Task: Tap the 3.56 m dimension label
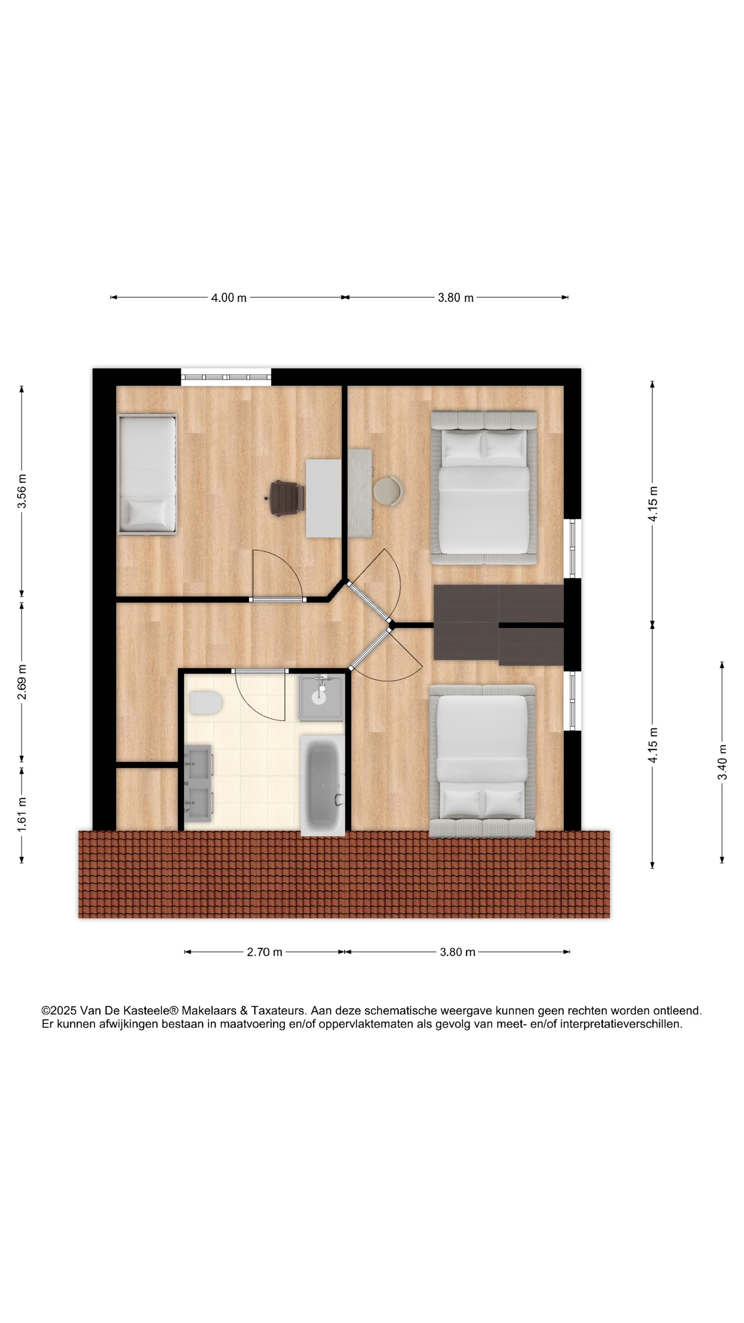pyautogui.click(x=22, y=492)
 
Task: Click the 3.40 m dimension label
pyautogui.click(x=722, y=762)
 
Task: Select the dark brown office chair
pyautogui.click(x=285, y=497)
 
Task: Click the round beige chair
pyautogui.click(x=388, y=491)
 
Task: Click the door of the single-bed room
pyautogui.click(x=277, y=599)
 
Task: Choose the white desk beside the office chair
pyautogui.click(x=323, y=498)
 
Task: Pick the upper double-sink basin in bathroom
pyautogui.click(x=198, y=762)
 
